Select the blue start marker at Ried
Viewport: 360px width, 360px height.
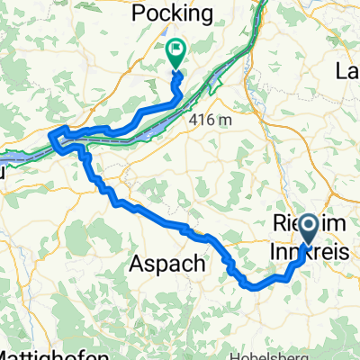coord(306,229)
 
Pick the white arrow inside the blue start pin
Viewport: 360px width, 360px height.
coord(306,225)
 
